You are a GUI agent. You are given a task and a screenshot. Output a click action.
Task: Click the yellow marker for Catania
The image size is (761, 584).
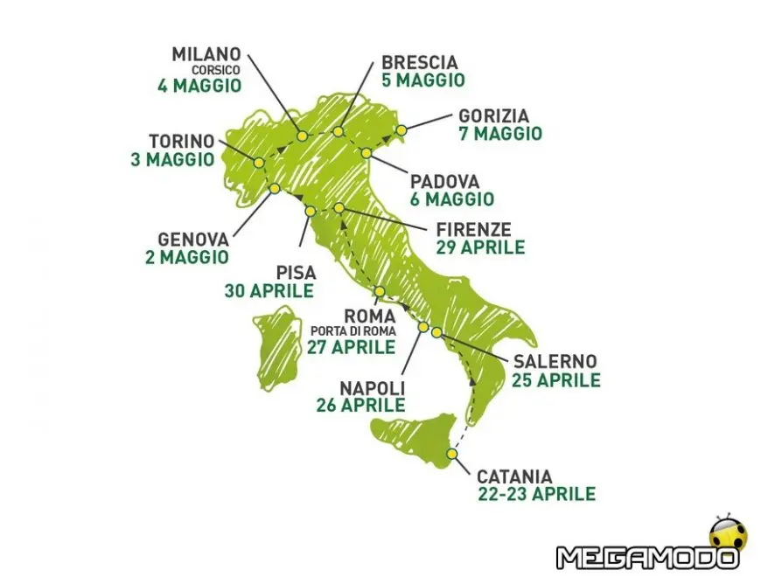coord(451,453)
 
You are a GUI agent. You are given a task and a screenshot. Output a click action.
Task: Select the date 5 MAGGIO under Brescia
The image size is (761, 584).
coord(423,80)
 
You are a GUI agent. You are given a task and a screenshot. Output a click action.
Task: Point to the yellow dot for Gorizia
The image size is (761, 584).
coord(402,130)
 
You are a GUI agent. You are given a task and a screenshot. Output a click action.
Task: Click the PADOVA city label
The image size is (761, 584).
coord(445,182)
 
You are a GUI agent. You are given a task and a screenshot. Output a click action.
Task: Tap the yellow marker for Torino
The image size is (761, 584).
coord(259,162)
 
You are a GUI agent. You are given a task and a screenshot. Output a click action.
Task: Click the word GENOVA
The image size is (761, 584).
coord(193,240)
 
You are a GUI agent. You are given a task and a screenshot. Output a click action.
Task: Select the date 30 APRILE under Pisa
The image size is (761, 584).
coord(269,291)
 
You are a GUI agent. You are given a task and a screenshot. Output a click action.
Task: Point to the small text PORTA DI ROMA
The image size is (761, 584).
coord(352,331)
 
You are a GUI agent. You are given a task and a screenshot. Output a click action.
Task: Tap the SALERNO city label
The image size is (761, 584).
coord(555,362)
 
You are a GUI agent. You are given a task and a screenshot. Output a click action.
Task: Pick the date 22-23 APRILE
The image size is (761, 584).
coord(536,494)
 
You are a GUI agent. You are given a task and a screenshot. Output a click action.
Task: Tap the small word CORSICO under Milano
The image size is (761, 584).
coord(216,70)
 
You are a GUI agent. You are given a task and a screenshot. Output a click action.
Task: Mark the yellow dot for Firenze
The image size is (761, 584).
coord(339,207)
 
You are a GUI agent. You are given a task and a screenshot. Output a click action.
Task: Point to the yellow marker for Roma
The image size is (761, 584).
coord(380,291)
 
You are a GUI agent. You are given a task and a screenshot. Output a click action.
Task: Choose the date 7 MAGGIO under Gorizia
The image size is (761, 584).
coord(499,134)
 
